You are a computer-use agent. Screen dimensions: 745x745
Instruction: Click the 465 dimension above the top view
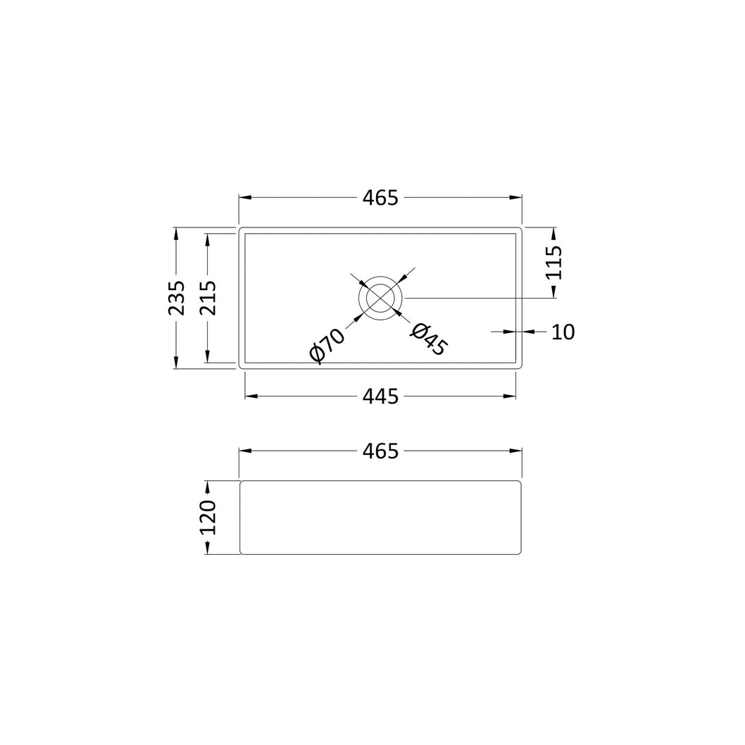[x=380, y=198]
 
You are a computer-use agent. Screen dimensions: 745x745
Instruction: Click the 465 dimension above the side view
[x=380, y=451]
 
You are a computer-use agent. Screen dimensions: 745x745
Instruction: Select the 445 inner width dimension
[x=380, y=396]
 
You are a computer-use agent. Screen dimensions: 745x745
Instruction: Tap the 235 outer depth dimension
[x=176, y=298]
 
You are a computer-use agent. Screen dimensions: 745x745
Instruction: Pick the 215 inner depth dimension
[x=207, y=298]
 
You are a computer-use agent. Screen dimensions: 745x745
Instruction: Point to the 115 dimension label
[x=554, y=262]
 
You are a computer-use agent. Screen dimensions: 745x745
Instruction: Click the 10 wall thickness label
[x=563, y=332]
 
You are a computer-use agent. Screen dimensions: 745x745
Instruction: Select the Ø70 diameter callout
[x=327, y=346]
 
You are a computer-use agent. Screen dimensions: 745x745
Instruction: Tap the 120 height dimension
[x=207, y=518]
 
